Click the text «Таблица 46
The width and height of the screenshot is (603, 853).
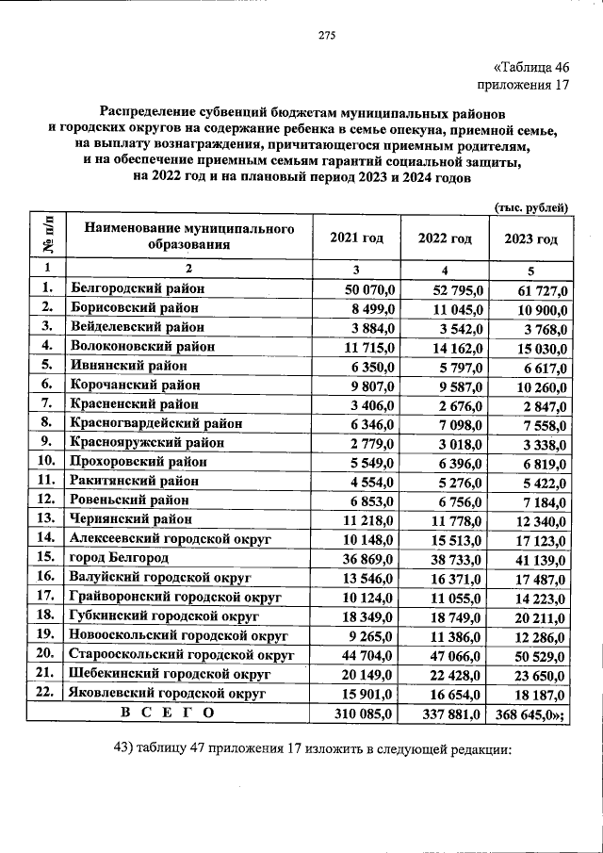532,66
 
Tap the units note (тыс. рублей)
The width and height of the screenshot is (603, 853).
531,206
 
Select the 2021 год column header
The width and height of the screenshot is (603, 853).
356,238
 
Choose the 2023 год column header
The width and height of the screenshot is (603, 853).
531,238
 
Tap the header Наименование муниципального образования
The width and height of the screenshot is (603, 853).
183,238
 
